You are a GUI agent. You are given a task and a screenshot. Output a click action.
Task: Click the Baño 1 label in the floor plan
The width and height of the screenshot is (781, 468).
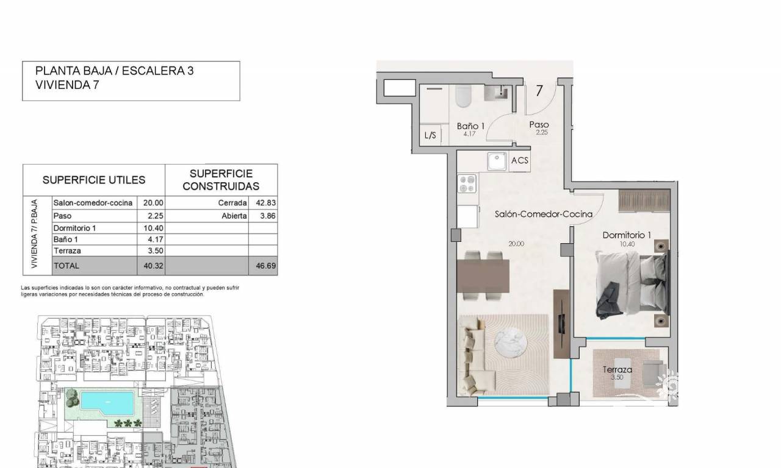click(x=470, y=126)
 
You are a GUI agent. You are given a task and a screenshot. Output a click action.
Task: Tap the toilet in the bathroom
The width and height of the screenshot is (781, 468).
click(x=464, y=96)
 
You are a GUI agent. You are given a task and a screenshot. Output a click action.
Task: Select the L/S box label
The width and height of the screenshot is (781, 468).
click(x=430, y=135)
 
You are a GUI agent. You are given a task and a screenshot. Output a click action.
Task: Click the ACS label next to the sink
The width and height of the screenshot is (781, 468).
click(x=519, y=160)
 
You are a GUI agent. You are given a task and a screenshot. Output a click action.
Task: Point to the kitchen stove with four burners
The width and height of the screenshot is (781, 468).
click(x=467, y=183)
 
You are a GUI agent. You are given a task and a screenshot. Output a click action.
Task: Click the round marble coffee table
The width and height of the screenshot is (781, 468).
click(x=511, y=342)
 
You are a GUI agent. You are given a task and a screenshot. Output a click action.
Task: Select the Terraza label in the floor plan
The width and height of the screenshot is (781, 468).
click(x=617, y=369)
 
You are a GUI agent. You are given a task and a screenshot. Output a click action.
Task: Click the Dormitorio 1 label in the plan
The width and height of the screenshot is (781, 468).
click(x=627, y=235)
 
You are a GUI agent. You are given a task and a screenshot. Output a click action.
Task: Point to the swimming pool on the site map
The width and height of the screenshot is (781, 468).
click(x=107, y=403)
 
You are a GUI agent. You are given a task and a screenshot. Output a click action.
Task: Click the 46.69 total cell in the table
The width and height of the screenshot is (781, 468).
click(x=265, y=266)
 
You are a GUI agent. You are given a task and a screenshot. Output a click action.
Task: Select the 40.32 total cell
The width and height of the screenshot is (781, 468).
click(x=153, y=266)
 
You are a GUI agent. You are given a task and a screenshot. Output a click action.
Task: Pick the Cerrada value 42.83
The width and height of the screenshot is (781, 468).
click(x=265, y=203)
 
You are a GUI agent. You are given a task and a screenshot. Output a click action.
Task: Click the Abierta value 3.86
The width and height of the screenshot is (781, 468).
click(x=268, y=216)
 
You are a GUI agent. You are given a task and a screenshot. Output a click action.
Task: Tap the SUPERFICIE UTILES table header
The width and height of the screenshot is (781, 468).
click(x=94, y=180)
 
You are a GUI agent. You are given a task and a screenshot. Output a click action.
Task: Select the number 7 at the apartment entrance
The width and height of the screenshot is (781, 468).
click(x=539, y=91)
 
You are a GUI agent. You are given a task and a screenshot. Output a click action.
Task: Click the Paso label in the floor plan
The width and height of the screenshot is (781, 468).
click(x=539, y=124)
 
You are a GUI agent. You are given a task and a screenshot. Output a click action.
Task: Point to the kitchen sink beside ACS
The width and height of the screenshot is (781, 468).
click(x=497, y=161)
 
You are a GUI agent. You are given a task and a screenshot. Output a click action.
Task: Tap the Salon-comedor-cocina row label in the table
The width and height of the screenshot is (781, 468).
click(x=93, y=203)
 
